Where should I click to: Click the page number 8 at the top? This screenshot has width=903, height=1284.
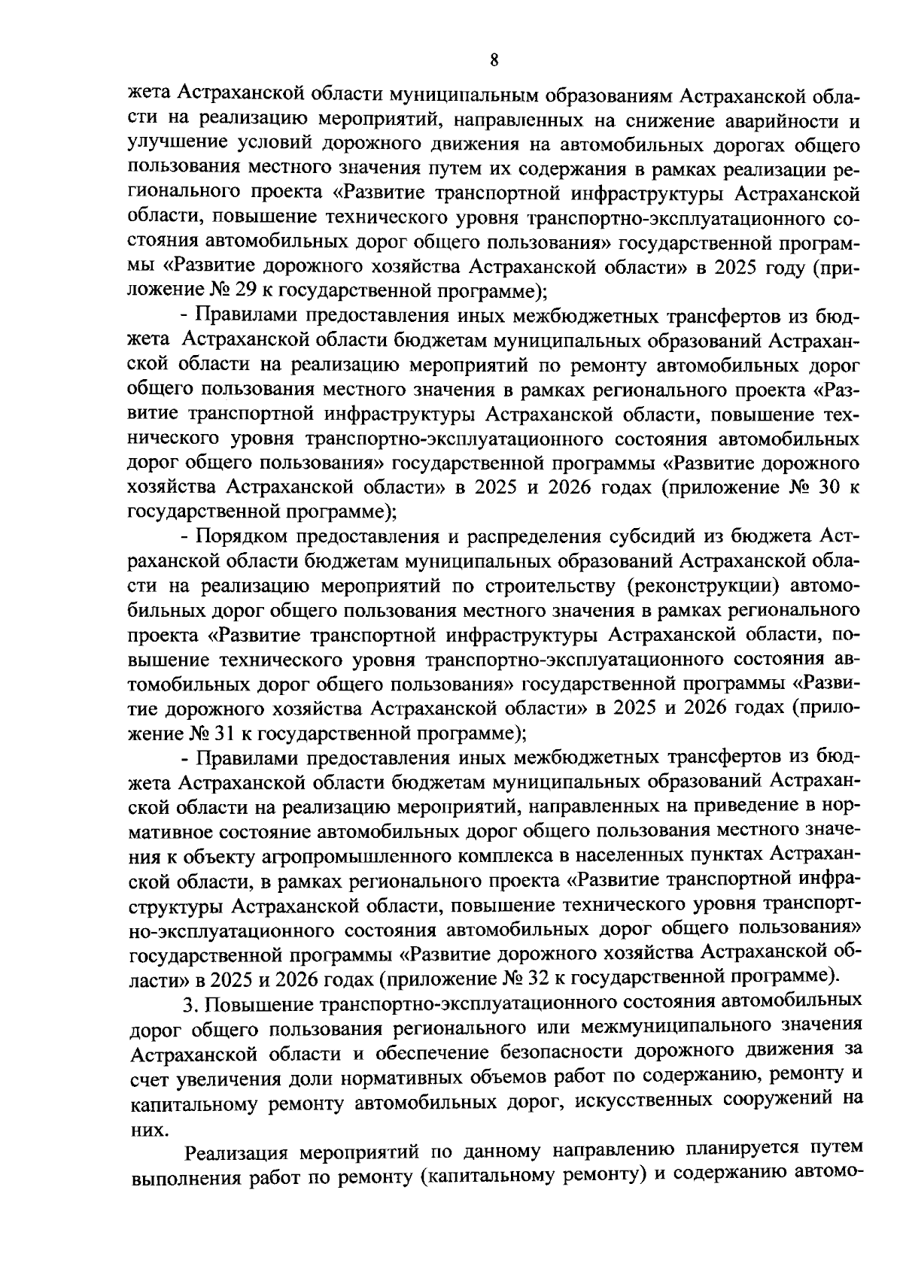(x=494, y=61)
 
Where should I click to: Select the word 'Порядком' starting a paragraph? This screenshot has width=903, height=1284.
(x=239, y=537)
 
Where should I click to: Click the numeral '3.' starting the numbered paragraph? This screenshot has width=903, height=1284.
(x=191, y=1004)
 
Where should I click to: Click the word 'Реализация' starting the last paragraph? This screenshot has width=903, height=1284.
(x=236, y=1152)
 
